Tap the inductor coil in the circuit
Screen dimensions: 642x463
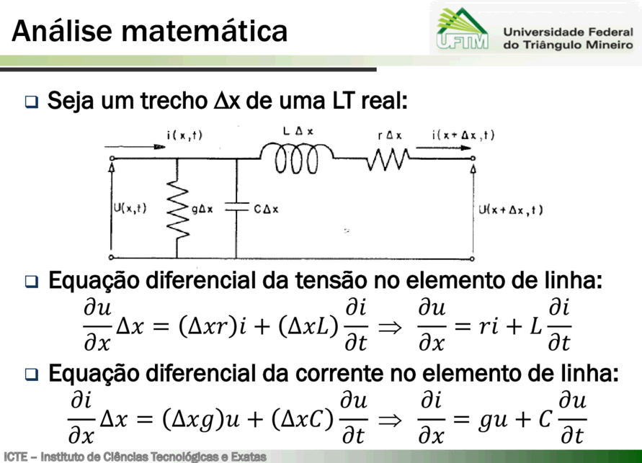296,158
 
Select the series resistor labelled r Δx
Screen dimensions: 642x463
388,158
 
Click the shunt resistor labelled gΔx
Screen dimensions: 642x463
177,209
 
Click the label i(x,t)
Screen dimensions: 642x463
184,135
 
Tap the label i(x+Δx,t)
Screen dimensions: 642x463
463,135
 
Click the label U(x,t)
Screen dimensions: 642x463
130,209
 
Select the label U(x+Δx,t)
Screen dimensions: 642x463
511,210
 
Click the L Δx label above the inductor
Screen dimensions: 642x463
298,131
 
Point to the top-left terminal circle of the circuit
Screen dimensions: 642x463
112,158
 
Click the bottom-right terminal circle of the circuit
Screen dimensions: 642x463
472,259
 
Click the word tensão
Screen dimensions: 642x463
331,281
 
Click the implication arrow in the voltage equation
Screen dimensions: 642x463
390,327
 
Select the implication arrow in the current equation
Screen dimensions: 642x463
390,420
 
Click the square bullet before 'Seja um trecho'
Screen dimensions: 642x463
32,102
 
